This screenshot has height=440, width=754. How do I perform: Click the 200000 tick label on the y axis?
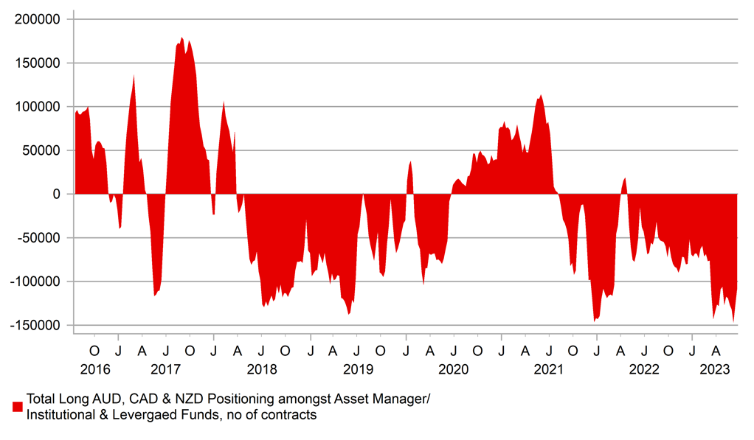coord(37,19)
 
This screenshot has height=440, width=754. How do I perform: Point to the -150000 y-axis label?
coord(35,325)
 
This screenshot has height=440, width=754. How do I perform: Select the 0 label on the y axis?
coord(56,194)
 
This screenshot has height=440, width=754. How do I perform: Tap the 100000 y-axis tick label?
coord(37,107)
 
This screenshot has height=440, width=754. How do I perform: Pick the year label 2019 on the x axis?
coord(358,369)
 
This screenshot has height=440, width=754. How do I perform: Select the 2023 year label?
coord(715,369)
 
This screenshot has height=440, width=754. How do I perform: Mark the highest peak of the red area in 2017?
coord(181,37)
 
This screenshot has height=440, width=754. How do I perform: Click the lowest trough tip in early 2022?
coord(595,321)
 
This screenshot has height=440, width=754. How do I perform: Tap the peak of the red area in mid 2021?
coord(541,94)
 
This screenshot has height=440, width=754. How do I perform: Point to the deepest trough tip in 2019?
coord(349,315)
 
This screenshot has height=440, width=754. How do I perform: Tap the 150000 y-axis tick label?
coord(37,63)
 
